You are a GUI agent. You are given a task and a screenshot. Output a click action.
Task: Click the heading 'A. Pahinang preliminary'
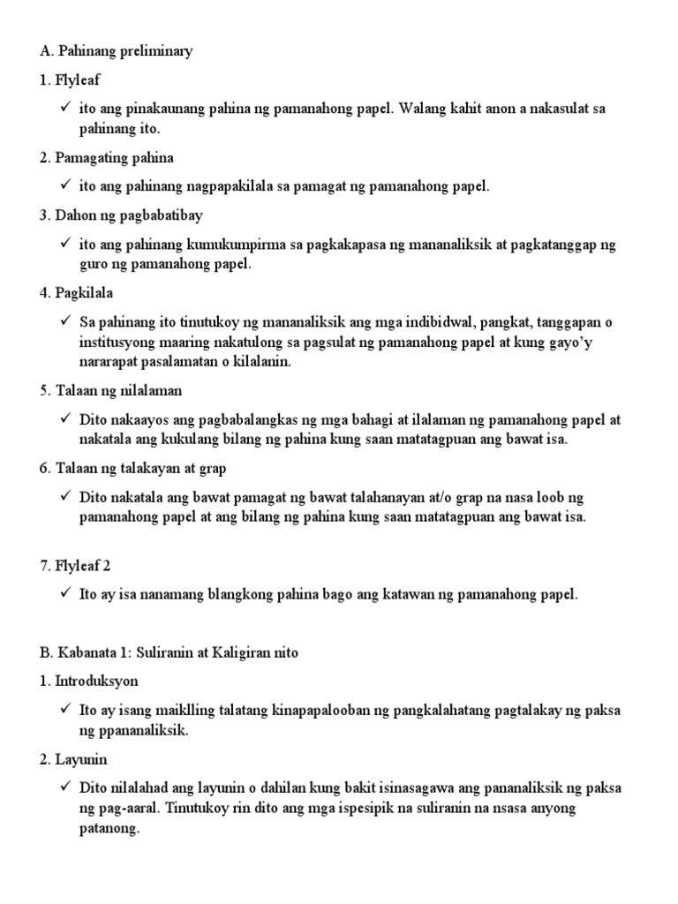point(116,51)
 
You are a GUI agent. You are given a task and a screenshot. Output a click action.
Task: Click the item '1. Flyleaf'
point(71,80)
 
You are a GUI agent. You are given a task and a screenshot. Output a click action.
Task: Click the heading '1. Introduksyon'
point(89,682)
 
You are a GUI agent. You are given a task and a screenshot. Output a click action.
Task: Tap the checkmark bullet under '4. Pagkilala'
point(66,322)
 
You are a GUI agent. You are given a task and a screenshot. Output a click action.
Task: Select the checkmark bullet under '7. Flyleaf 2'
point(66,594)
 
